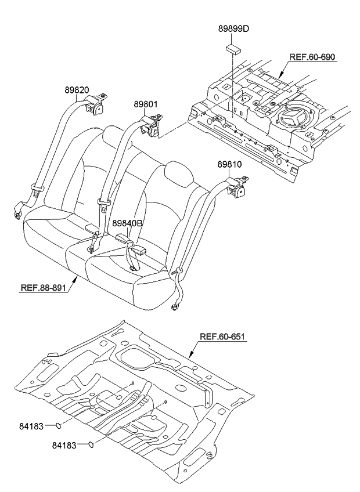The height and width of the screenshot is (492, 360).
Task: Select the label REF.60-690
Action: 312,57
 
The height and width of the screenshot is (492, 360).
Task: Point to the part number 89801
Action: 146,104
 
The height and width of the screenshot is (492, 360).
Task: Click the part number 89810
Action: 230,165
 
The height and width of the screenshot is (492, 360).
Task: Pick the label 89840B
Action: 127,223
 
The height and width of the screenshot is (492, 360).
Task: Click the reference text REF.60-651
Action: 223,337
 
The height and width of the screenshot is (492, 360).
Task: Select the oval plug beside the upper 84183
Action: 58,427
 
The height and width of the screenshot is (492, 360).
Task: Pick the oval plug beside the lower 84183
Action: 91,446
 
